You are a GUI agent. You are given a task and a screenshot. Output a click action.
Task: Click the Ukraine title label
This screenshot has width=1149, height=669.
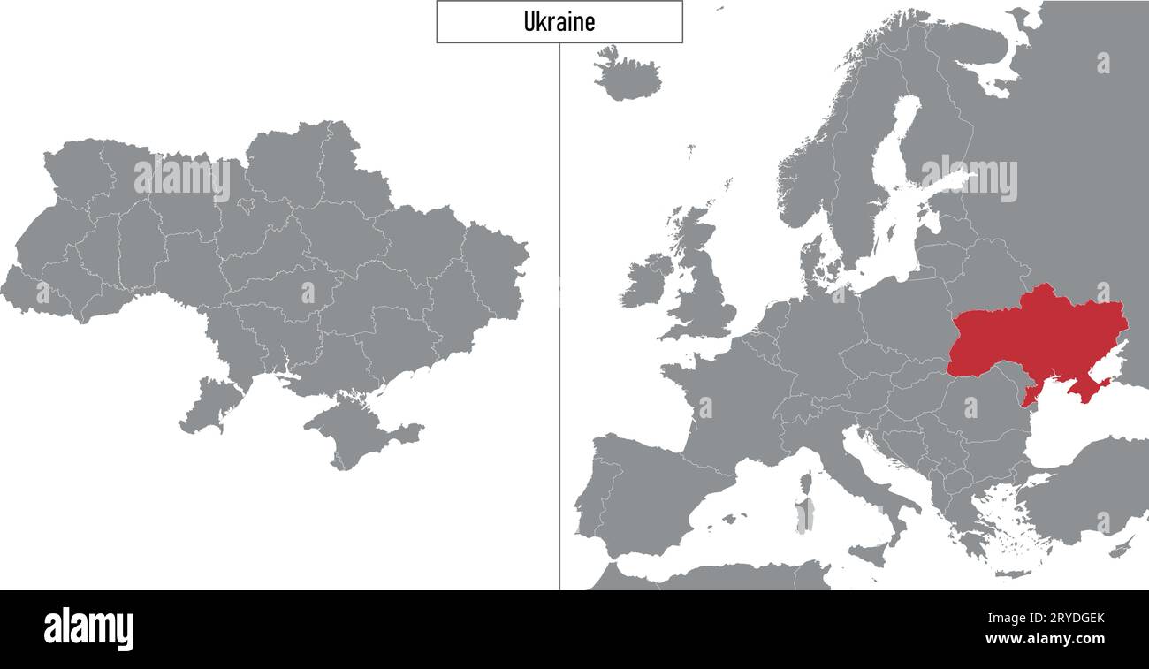559,21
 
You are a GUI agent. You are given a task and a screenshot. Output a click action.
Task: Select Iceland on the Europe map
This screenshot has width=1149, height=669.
627,76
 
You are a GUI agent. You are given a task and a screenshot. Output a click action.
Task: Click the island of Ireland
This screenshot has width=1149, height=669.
645,281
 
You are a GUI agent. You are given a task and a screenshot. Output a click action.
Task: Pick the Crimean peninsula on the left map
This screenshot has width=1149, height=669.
354,429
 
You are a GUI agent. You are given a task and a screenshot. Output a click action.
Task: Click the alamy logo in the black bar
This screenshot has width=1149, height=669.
88,628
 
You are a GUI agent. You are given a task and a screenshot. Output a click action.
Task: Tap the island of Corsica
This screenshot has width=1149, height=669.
805,483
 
